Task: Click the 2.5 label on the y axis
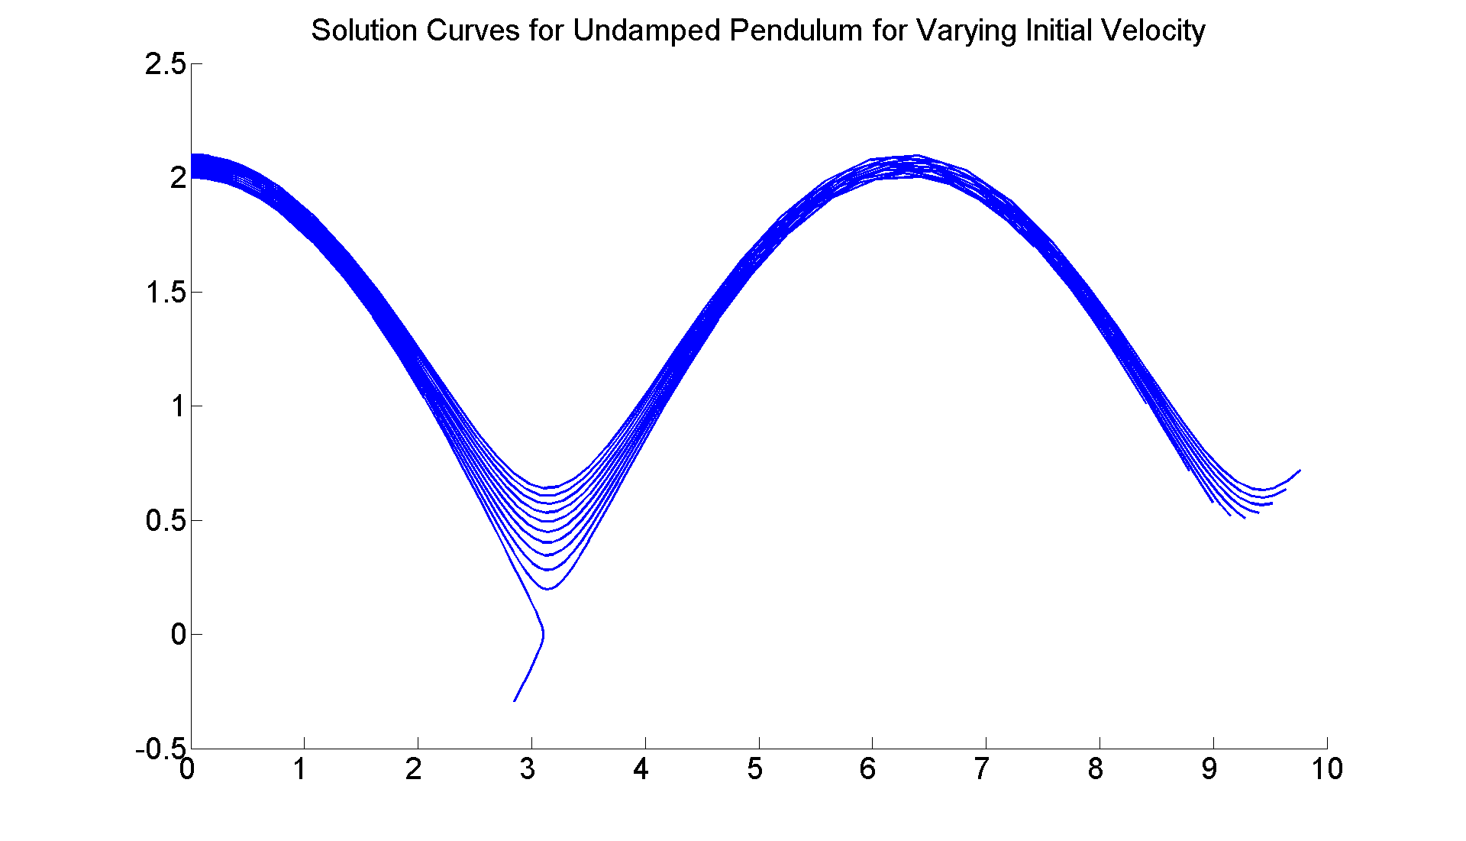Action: [x=166, y=64]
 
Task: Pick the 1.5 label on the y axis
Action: [x=166, y=293]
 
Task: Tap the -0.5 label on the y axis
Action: [x=160, y=749]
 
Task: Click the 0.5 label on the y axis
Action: [x=166, y=521]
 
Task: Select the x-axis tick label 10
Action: [x=1327, y=769]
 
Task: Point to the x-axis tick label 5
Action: [x=755, y=769]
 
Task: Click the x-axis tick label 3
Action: [x=528, y=769]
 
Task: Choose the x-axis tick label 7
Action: [x=982, y=769]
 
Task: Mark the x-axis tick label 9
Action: [x=1209, y=769]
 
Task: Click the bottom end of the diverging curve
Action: [x=515, y=700]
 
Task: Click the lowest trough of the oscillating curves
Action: [x=547, y=589]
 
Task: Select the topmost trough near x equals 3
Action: [x=547, y=487]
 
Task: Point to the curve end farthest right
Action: [x=1300, y=471]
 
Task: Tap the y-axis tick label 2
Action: [x=178, y=178]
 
